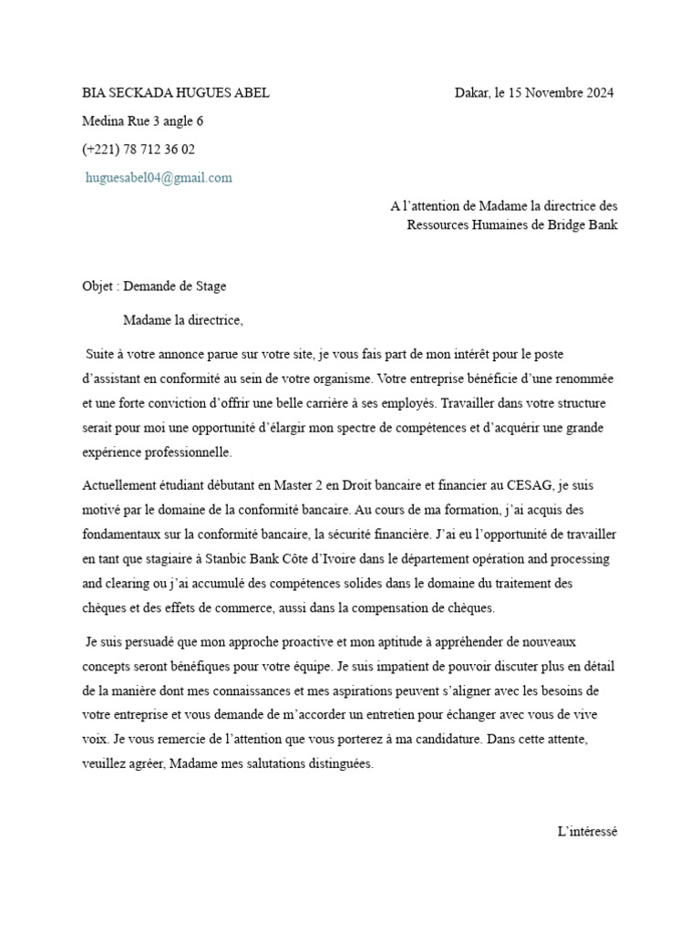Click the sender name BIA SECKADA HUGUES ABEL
pos(176,92)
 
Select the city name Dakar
pos(471,92)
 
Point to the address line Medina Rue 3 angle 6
pos(143,120)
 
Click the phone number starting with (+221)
pos(139,149)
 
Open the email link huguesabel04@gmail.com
pos(159,178)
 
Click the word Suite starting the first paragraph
pos(101,352)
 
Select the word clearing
pos(129,583)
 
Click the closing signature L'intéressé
pos(588,831)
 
